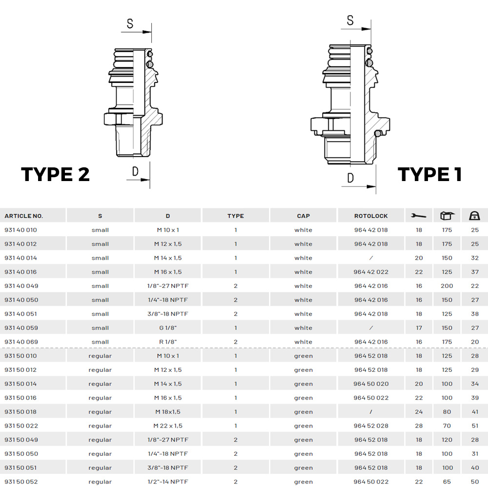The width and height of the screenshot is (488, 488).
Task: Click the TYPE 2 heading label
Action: pyautogui.click(x=56, y=174)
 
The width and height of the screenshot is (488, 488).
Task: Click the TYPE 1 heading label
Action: pyautogui.click(x=429, y=174)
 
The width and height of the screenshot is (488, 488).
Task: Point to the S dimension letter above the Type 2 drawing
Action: pyautogui.click(x=130, y=23)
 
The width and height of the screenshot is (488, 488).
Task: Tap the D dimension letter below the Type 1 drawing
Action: pyautogui.click(x=350, y=178)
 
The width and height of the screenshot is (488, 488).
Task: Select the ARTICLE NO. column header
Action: pyautogui.click(x=23, y=216)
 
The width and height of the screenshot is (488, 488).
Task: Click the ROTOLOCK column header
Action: pyautogui.click(x=371, y=216)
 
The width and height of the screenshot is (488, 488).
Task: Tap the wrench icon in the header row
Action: pyautogui.click(x=419, y=216)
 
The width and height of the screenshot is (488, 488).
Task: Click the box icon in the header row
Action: pyautogui.click(x=447, y=216)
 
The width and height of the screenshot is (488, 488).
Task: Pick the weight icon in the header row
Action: pyautogui.click(x=475, y=216)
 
